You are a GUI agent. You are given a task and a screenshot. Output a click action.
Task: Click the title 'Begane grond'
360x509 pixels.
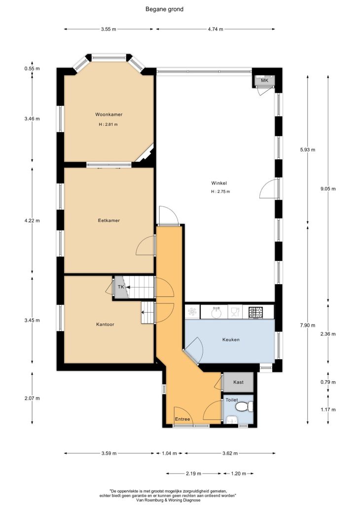pos(164,9)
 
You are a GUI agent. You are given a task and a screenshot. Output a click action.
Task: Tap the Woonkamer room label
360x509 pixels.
pos(109,114)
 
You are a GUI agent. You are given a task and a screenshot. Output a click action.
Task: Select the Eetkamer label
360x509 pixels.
pos(109,220)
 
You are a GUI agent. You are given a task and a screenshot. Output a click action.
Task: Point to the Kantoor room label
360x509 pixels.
pos(105,325)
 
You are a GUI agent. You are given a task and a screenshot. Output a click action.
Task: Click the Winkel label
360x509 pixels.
pos(219,183)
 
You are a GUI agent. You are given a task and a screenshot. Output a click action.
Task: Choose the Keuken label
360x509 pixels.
pos(231,339)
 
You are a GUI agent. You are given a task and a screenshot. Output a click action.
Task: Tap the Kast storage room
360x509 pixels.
pos(238,382)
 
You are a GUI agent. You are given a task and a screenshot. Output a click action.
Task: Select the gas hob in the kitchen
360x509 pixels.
pos(256,312)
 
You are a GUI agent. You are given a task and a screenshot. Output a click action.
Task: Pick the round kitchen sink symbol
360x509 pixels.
pos(216,313)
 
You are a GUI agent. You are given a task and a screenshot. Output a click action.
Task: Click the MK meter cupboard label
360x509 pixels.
pos(264,80)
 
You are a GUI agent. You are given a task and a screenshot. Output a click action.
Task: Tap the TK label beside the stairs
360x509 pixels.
pos(121,287)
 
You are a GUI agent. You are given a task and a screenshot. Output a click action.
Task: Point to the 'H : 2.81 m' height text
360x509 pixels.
pos(108,124)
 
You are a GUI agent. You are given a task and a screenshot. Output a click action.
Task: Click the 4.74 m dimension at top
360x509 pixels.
pos(216,29)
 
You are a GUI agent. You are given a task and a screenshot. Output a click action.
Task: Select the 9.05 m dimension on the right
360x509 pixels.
pos(328,188)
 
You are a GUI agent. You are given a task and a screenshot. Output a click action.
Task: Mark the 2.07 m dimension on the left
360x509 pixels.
pos(32,399)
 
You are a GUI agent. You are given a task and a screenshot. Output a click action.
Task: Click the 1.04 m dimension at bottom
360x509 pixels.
pos(170,453)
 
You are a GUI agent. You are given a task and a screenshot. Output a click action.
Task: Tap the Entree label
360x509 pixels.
pos(182,419)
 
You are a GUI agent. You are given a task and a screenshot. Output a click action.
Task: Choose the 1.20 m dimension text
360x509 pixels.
pos(238,473)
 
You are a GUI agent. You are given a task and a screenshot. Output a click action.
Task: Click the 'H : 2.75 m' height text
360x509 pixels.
pos(220,191)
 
